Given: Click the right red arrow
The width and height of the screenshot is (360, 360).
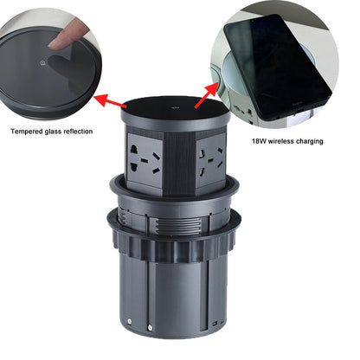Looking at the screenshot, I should [208, 93].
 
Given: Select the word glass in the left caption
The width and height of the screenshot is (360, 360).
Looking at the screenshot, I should [61, 132].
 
